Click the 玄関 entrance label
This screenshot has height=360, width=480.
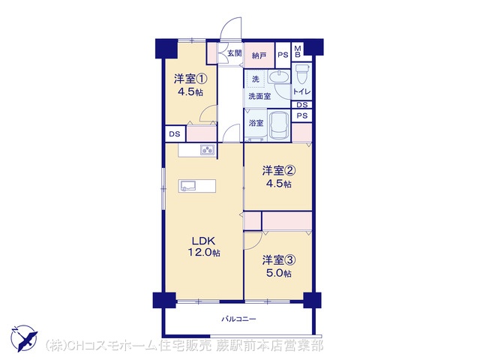tap(235, 53)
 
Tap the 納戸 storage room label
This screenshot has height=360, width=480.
tap(259, 55)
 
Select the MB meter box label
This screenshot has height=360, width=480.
tap(298, 52)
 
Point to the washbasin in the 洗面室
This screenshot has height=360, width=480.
tap(279, 76)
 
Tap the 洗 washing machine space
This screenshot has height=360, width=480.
tap(256, 79)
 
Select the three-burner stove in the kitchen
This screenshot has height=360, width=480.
tap(208, 150)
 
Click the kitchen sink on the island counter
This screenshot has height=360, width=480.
tap(188, 185)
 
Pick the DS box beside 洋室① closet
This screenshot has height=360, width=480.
tap(175, 134)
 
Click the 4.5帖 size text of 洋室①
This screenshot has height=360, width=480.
tap(190, 91)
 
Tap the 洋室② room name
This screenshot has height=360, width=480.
tap(278, 170)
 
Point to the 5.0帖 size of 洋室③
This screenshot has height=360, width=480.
tap(278, 273)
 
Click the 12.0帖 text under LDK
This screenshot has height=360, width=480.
tap(204, 253)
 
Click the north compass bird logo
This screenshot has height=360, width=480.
tap(24, 338)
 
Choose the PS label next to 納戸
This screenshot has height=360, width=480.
tap(283, 55)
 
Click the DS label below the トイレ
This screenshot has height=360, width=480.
tap(301, 105)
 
